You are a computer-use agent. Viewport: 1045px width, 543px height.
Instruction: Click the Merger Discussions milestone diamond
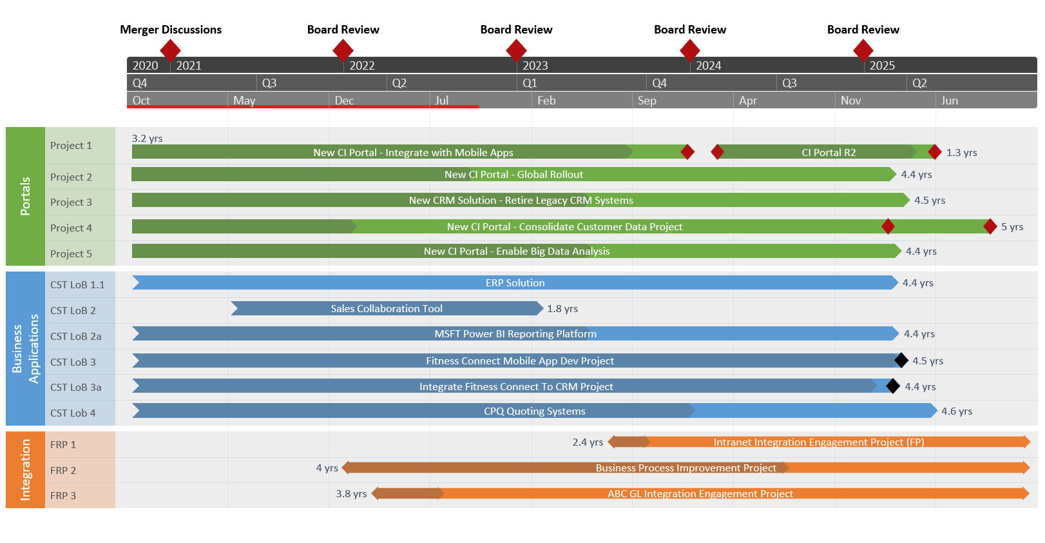coord(170,50)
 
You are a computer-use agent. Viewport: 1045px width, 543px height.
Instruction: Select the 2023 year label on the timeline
coord(535,66)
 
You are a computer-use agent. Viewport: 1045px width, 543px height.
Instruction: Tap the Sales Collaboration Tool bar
coord(387,309)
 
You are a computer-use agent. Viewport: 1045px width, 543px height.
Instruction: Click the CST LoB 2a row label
coord(75,337)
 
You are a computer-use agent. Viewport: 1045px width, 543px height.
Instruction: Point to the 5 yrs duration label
coord(1011,227)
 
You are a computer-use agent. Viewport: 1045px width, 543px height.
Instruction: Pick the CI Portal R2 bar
coord(828,153)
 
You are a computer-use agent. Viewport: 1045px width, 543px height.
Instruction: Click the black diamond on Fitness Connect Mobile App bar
coord(901,360)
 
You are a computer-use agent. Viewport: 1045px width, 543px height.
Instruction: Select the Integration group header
coord(25,469)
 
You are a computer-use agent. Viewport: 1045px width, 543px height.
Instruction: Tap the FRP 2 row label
coord(63,471)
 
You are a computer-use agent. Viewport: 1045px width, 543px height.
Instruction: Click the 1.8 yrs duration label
coord(562,309)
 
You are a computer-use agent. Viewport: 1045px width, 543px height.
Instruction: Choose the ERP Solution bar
coord(515,283)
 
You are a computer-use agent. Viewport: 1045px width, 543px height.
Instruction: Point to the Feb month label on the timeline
coord(546,101)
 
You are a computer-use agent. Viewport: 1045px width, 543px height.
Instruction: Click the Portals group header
coord(25,196)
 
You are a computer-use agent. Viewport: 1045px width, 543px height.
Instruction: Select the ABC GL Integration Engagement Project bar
coord(700,494)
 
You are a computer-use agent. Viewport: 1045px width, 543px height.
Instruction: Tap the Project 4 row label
coord(71,228)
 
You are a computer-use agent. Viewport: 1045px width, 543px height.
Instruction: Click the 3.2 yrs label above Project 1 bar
coord(147,139)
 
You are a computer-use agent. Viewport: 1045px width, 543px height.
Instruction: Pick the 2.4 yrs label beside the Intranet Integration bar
coord(587,442)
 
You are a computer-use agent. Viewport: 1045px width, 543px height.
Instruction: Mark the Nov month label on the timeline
coord(850,101)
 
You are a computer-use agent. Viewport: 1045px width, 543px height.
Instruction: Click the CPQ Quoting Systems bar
coord(534,411)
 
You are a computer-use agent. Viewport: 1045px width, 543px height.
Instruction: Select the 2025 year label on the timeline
coord(881,66)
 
